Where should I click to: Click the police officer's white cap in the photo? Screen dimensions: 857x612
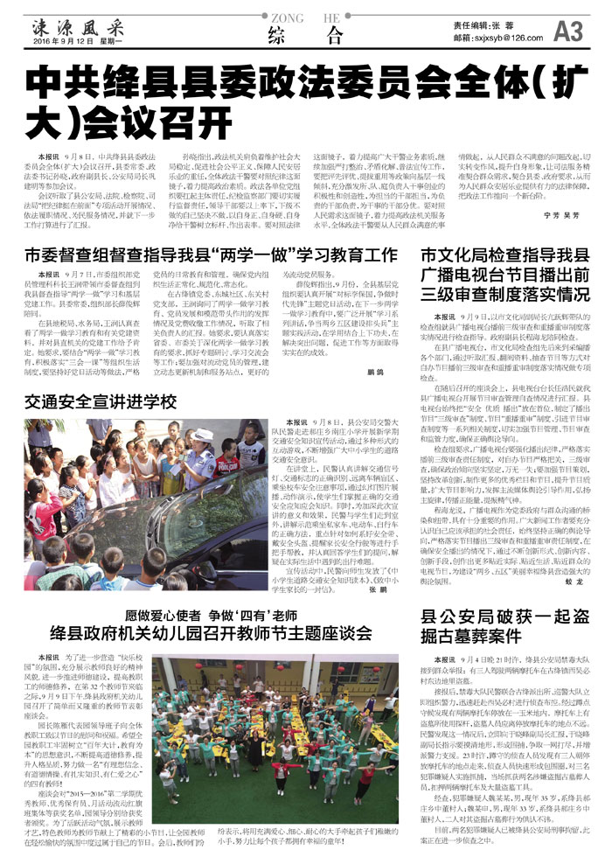(204, 435)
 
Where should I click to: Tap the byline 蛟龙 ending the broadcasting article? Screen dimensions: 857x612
(574, 579)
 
